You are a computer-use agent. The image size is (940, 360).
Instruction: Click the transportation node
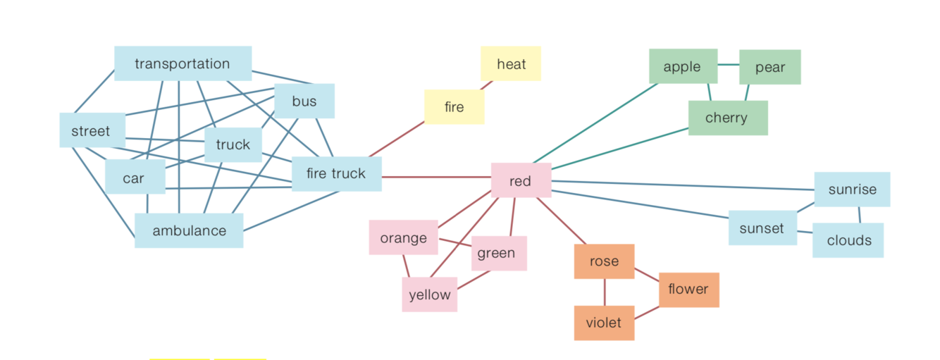point(183,63)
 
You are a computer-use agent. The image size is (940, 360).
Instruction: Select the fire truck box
point(336,173)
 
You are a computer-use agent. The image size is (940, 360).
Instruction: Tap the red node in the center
point(521,180)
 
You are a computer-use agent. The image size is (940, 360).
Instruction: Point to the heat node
point(511,63)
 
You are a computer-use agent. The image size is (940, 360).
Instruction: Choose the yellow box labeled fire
point(454,107)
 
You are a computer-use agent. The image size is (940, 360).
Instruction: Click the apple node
point(682,66)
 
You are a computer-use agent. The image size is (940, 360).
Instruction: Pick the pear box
point(769,67)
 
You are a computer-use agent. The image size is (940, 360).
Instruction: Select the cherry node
point(727,118)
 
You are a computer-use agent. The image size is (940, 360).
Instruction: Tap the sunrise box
point(852,189)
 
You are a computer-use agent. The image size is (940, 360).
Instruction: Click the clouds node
point(848,240)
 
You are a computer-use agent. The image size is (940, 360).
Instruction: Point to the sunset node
point(762,228)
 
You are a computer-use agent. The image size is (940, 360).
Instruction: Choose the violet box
point(604,323)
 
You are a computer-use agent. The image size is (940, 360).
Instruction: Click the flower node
point(688,290)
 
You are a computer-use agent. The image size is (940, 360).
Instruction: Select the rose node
point(604,261)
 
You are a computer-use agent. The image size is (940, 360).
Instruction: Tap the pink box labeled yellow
point(429,294)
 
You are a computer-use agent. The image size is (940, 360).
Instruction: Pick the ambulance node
point(189,230)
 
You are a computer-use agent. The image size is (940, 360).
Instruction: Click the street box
point(92,131)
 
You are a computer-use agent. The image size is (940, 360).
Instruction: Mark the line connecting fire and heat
point(487,85)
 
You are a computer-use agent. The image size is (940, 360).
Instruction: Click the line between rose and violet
point(605,292)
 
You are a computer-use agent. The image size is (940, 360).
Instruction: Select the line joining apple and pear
point(728,65)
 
